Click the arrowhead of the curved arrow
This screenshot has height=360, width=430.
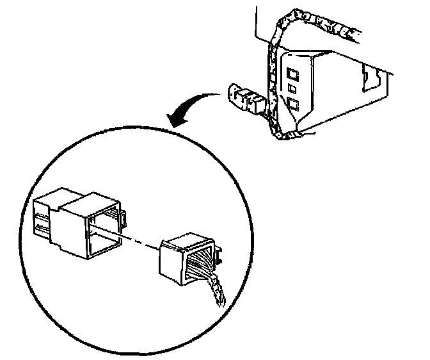click(x=173, y=119)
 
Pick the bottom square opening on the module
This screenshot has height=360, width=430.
click(x=293, y=104)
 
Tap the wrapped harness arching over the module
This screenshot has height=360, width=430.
click(x=282, y=32)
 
